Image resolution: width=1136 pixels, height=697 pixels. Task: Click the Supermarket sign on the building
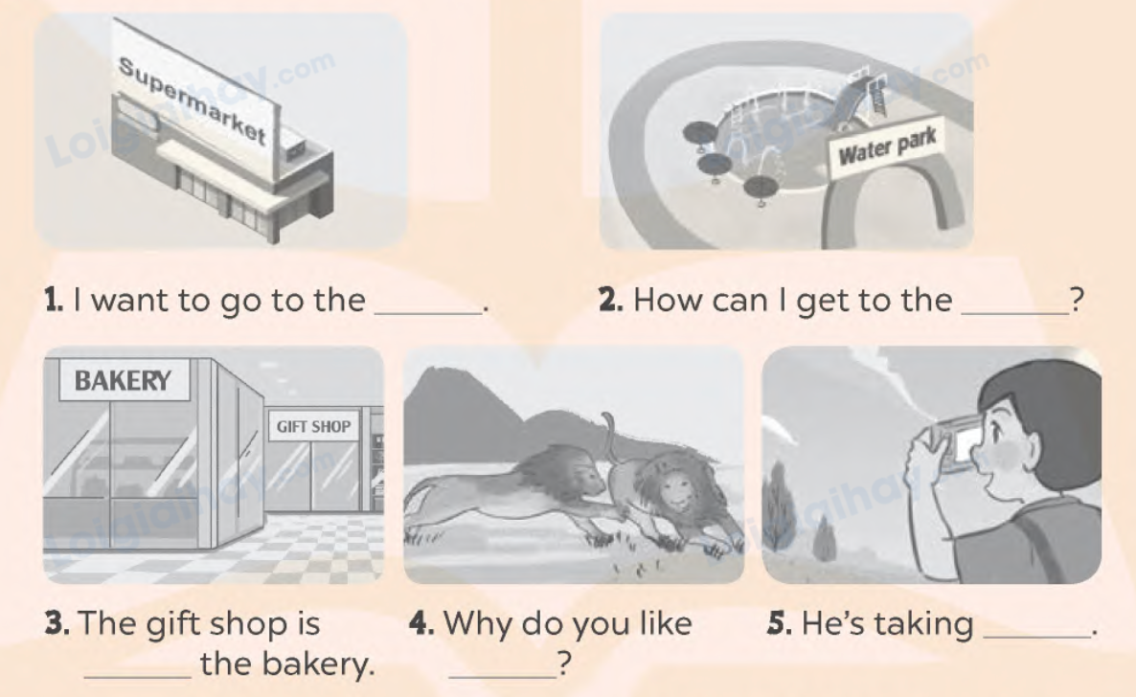click(x=194, y=101)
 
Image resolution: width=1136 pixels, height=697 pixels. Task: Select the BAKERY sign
click(x=124, y=380)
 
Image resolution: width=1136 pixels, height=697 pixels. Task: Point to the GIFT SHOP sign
click(x=314, y=427)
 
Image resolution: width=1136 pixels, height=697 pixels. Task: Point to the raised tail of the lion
click(x=608, y=435)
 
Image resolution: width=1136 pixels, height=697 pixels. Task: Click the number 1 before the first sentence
click(x=53, y=301)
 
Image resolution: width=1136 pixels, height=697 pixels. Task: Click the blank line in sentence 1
click(x=428, y=313)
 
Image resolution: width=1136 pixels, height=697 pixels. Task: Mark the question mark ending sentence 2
click(x=1077, y=300)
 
